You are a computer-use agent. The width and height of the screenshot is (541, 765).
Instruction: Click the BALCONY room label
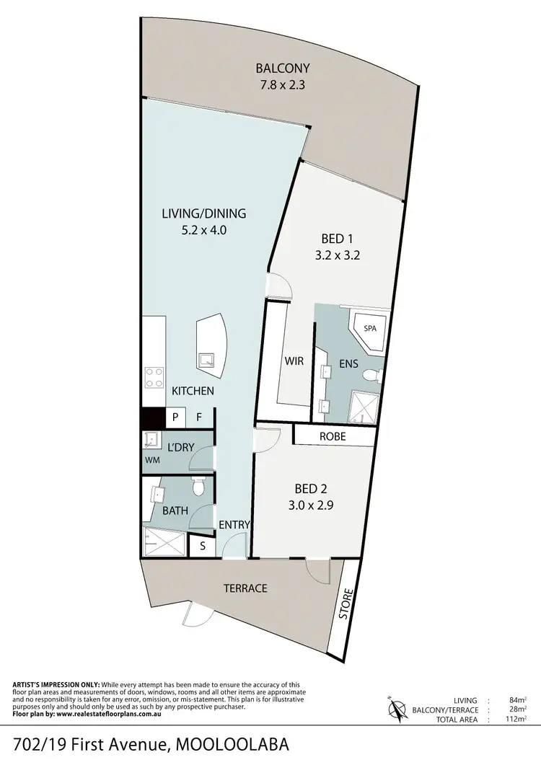[283, 68]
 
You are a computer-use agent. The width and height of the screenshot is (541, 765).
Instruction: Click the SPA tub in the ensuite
[369, 329]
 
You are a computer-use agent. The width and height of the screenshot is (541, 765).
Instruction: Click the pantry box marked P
[174, 417]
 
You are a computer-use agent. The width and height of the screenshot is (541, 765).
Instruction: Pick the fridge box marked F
[198, 417]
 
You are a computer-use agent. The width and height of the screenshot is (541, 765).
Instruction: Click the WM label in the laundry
[152, 459]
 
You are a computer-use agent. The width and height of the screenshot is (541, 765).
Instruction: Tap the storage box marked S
[203, 546]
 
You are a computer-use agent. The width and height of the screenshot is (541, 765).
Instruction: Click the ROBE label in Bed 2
[333, 436]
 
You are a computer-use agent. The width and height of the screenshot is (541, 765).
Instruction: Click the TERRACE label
[245, 588]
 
